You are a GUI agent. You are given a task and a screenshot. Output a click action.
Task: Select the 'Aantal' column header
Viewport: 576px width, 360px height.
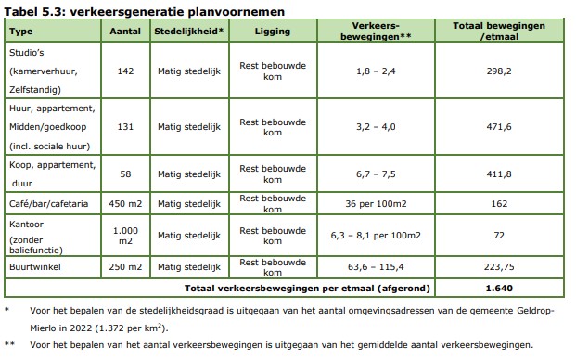pos(124,32)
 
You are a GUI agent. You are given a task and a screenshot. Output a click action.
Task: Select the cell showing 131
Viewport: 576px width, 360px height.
pos(124,127)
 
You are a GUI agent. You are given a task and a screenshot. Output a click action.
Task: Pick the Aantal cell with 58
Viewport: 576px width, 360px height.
pos(124,174)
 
